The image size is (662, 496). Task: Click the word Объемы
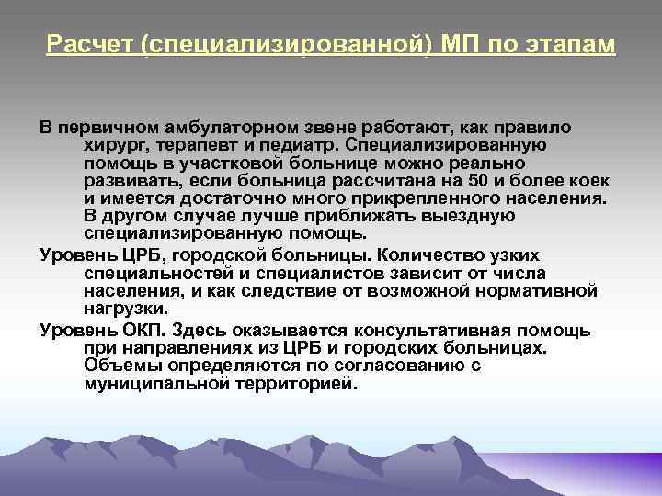[118, 366]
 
